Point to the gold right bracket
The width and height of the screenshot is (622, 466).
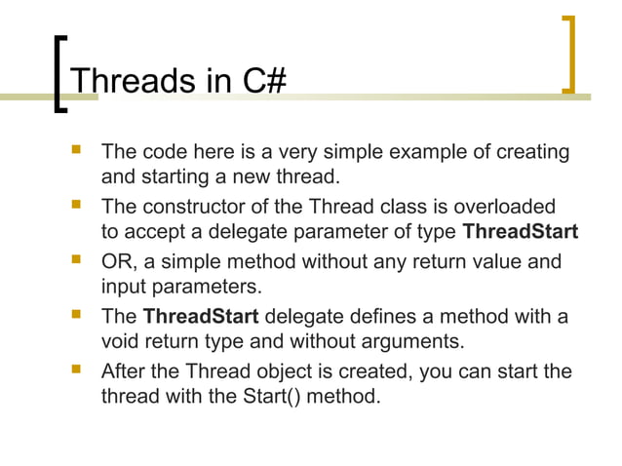(569, 55)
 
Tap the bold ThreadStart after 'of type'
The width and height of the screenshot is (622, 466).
(520, 233)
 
